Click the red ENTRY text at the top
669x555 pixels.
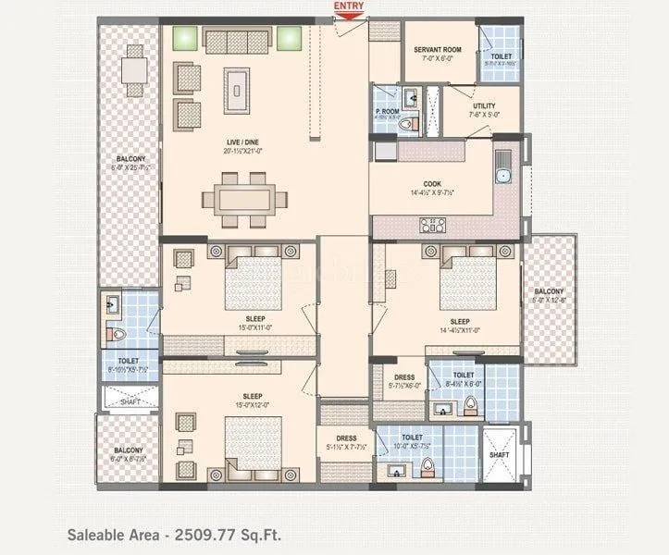[x=349, y=6]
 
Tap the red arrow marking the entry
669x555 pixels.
[x=349, y=16]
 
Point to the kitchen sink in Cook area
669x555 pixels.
[x=502, y=169]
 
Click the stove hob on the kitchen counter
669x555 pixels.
[x=432, y=223]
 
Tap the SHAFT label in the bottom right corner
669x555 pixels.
[x=499, y=454]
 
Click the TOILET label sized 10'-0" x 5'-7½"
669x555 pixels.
[x=412, y=439]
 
